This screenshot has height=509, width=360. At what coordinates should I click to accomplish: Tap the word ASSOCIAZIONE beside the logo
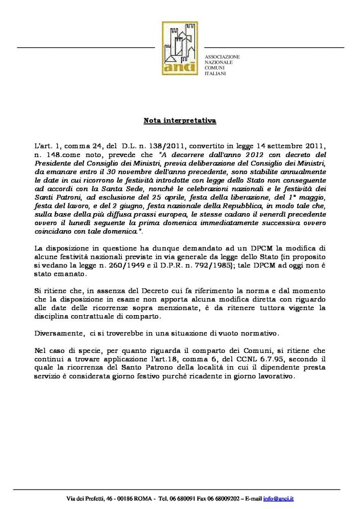point(222,57)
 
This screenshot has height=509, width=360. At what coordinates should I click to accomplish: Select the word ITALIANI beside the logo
point(215,74)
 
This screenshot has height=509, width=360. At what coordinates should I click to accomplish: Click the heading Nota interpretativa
point(180,121)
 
